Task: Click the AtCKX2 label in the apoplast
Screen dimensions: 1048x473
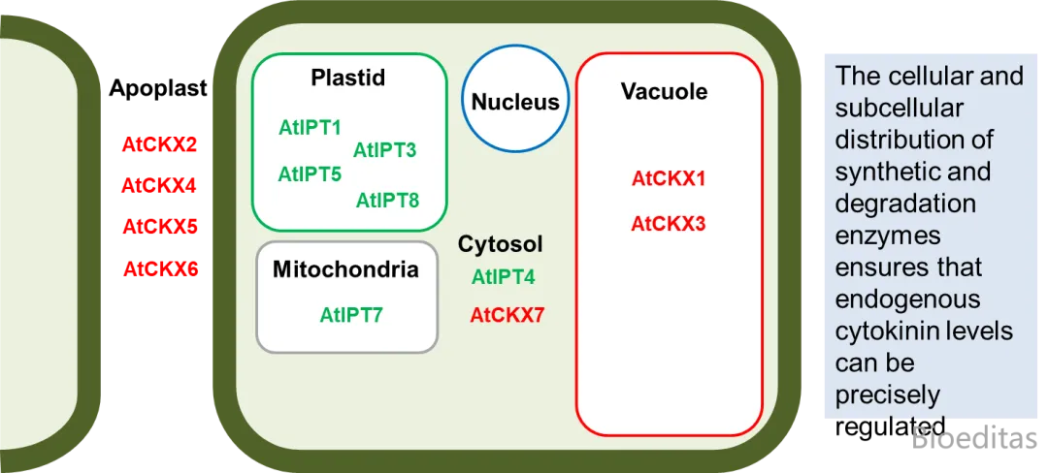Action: tap(160, 144)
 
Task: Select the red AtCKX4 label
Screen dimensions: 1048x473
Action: tap(159, 185)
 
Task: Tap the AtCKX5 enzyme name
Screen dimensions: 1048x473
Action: tap(160, 228)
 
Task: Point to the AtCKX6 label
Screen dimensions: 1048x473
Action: tap(161, 269)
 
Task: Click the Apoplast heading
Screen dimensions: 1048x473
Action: tap(158, 89)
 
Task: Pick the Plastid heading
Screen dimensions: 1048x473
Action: tap(348, 79)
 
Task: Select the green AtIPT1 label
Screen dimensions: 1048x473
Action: tap(311, 127)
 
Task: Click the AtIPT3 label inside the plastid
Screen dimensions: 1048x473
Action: tap(384, 150)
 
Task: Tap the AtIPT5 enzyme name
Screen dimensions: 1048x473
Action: tap(311, 174)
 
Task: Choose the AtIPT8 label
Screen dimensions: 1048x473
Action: tap(387, 200)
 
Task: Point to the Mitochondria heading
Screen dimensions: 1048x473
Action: tap(346, 269)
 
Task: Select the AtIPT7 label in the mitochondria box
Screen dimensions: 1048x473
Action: tap(351, 314)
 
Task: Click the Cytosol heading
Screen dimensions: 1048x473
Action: tap(501, 245)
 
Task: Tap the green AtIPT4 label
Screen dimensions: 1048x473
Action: tap(504, 277)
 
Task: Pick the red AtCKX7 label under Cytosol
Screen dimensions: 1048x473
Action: tap(508, 315)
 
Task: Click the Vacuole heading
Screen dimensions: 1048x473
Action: tap(665, 91)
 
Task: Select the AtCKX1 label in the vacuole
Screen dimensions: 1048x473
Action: tap(669, 178)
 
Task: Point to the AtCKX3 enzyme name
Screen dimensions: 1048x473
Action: tap(669, 224)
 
